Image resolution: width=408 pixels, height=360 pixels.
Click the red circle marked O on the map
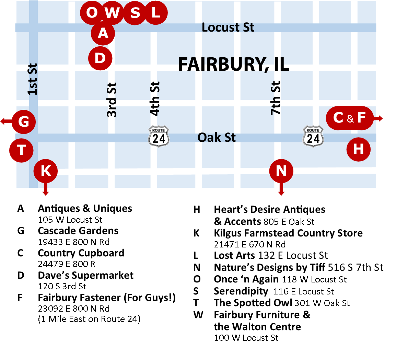(x=92, y=13)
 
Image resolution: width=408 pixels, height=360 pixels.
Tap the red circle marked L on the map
(x=156, y=13)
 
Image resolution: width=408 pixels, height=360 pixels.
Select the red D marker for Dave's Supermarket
(x=100, y=58)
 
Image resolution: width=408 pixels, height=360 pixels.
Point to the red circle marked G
(x=24, y=121)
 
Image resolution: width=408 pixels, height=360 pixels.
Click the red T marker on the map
(x=21, y=150)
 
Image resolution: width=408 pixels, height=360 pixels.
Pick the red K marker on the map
(x=46, y=171)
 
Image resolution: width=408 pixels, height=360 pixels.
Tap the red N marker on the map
(x=281, y=171)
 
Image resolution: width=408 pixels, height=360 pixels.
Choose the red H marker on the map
(x=359, y=149)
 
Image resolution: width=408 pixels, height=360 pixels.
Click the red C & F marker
(x=350, y=118)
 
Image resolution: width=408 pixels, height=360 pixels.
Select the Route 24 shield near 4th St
(x=159, y=137)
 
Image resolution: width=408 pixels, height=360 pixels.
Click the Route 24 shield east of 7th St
(x=313, y=137)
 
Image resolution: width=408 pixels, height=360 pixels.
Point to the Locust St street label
(x=228, y=27)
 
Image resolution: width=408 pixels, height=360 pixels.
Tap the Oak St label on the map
(x=217, y=138)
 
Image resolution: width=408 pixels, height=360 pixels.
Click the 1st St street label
(x=32, y=79)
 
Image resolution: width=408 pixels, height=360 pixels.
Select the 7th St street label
(x=276, y=98)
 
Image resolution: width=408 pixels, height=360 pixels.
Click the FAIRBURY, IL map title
(x=234, y=64)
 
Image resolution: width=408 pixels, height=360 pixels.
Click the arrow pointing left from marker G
(x=5, y=121)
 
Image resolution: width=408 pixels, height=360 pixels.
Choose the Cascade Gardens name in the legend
(x=78, y=231)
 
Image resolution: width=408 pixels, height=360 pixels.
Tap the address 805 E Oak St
(x=289, y=222)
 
